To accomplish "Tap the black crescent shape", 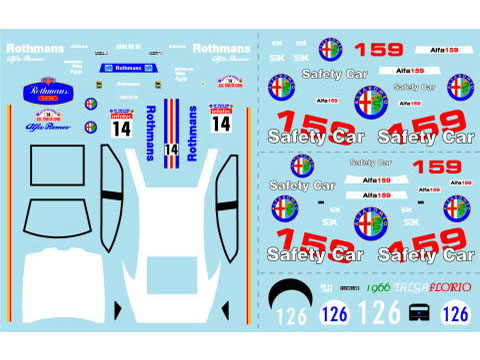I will click(x=292, y=293).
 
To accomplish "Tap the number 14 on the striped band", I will click(x=171, y=150).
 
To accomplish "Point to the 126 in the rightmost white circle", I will click(x=455, y=313).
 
